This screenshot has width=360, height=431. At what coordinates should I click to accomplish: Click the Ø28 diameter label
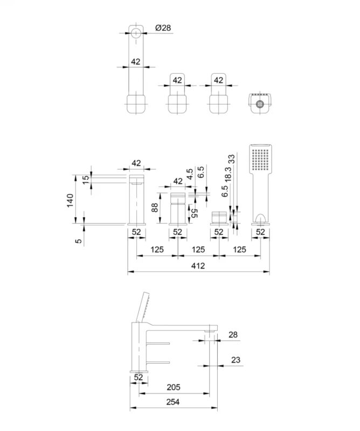click(163, 28)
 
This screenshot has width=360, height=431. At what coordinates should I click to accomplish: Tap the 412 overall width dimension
click(198, 266)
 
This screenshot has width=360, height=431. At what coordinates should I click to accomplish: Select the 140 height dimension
click(71, 200)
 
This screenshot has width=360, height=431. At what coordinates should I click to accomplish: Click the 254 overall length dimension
click(172, 402)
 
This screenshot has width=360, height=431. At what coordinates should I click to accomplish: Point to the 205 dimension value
click(174, 387)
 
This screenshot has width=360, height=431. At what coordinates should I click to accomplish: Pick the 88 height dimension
click(155, 207)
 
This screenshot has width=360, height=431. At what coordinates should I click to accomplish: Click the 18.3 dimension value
click(228, 174)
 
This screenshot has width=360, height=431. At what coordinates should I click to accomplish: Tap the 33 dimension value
click(232, 159)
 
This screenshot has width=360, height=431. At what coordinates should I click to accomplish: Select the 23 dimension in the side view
click(236, 360)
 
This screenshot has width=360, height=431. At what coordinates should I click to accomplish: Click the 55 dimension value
click(194, 213)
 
